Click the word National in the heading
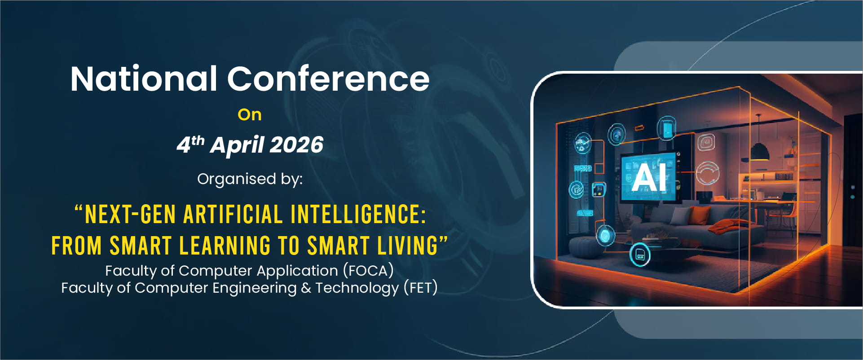click(144, 79)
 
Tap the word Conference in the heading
click(328, 79)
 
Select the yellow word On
click(250, 115)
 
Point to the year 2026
click(296, 145)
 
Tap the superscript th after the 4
click(198, 140)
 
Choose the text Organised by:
click(250, 179)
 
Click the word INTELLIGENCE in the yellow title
click(358, 214)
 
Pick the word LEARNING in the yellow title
click(225, 246)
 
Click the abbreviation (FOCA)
click(368, 271)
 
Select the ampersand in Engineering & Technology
click(306, 288)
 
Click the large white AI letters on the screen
click(649, 178)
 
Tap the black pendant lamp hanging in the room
click(759, 151)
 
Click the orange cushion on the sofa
click(696, 215)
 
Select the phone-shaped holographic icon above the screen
click(667, 129)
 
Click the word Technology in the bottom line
click(357, 288)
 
